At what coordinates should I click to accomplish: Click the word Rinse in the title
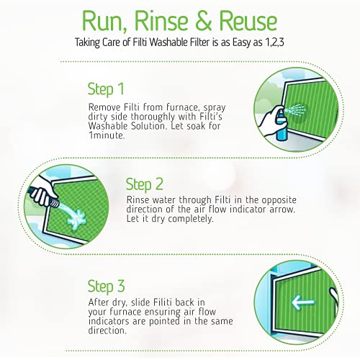point(161,20)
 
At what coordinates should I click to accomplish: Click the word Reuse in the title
point(248,21)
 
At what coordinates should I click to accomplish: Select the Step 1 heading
point(106,89)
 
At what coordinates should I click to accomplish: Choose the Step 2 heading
point(145,184)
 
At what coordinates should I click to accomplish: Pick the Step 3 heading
point(106,286)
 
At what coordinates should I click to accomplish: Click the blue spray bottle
point(281,125)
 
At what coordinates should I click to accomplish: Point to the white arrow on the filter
point(303,302)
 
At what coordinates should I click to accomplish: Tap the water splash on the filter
point(76,217)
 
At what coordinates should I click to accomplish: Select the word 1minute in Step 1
point(107,135)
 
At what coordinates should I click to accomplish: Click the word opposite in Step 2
point(279,200)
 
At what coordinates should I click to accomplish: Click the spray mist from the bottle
point(296,110)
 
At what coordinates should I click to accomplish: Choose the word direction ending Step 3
point(107,330)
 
